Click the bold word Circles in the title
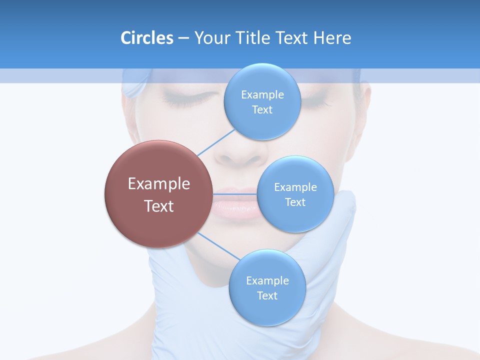[146, 38]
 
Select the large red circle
[158, 194]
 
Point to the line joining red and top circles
[216, 143]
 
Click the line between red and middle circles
[235, 194]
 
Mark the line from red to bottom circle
[218, 246]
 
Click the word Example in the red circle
[158, 183]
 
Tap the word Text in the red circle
[158, 205]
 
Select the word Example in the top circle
[262, 94]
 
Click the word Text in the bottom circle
[267, 295]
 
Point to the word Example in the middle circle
[295, 187]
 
